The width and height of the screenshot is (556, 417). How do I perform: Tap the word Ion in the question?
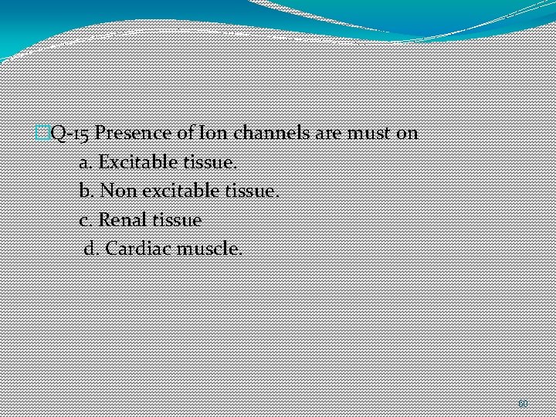[x=215, y=133]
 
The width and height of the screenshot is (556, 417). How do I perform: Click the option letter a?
[x=85, y=162]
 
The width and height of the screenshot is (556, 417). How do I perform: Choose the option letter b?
[x=85, y=191]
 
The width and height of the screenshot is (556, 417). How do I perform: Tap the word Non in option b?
[x=117, y=191]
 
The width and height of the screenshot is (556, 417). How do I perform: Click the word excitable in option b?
[x=175, y=191]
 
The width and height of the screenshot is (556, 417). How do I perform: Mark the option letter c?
[x=85, y=220]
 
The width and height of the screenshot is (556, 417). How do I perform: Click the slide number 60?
[x=523, y=403]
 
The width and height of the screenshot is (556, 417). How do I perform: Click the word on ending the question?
[x=407, y=133]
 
